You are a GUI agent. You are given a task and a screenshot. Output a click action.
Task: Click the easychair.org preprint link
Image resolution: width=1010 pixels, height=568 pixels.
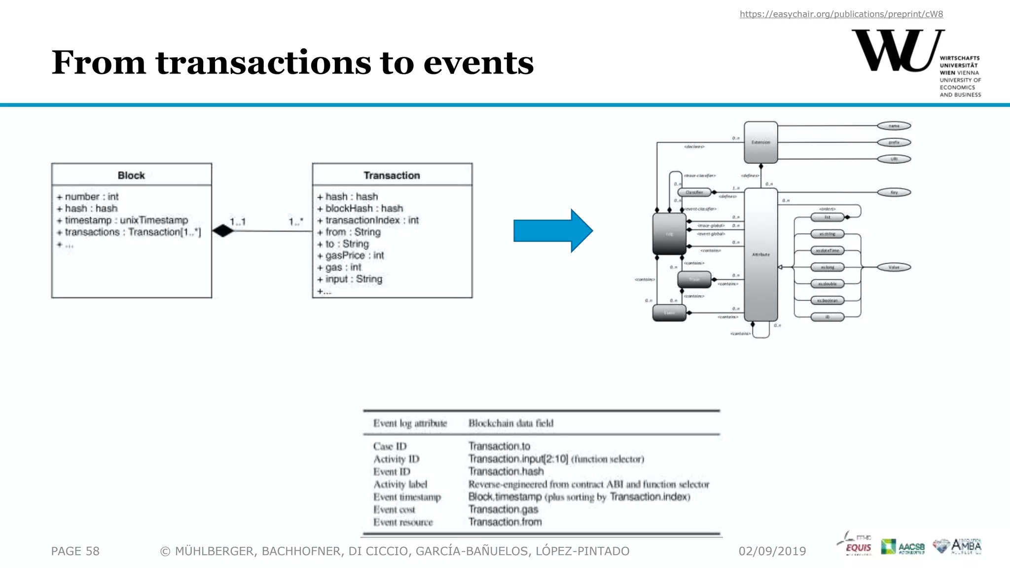click(x=841, y=14)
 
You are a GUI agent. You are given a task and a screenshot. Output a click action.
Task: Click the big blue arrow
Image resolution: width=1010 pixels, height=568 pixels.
click(x=553, y=231)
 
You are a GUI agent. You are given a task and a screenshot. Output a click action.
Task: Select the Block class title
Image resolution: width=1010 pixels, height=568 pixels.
click(x=131, y=176)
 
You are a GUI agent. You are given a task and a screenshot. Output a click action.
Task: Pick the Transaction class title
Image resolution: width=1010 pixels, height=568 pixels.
click(x=392, y=176)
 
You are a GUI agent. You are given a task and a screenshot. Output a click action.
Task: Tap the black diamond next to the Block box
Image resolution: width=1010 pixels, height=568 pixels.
click(x=223, y=230)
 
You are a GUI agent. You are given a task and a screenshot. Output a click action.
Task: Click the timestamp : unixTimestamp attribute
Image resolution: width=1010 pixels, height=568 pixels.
click(x=126, y=220)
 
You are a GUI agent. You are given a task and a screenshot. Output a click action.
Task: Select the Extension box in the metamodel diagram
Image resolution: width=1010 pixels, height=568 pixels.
click(x=760, y=142)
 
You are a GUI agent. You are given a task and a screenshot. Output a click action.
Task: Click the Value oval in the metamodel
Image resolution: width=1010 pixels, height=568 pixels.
click(x=894, y=267)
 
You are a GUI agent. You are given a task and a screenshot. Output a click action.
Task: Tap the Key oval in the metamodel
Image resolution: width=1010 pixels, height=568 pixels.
click(x=894, y=192)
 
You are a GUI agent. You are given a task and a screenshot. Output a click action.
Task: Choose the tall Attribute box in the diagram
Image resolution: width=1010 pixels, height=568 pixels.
click(x=760, y=254)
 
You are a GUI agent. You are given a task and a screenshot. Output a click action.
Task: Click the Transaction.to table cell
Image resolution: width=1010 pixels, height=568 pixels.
click(x=499, y=446)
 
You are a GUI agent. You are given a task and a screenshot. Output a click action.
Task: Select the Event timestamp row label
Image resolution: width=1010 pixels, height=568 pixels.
click(x=407, y=497)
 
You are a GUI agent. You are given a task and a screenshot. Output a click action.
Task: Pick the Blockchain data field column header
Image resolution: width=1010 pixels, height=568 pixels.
click(x=510, y=423)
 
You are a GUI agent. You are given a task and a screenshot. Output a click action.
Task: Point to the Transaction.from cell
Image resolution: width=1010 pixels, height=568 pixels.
click(x=505, y=522)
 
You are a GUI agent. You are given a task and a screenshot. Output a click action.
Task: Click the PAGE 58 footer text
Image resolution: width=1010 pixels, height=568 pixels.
click(x=75, y=551)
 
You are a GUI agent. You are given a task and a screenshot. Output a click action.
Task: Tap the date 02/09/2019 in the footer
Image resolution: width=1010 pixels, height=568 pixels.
click(x=772, y=551)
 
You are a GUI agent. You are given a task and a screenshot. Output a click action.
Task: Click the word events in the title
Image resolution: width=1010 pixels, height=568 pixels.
click(x=478, y=63)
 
